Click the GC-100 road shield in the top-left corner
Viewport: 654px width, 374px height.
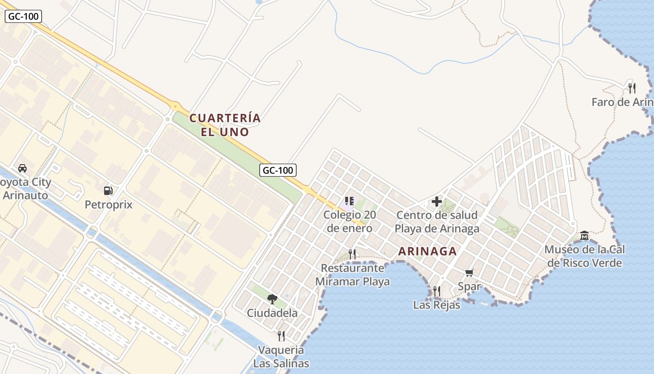click(x=24, y=17)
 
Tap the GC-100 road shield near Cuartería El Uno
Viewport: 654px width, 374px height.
click(x=278, y=170)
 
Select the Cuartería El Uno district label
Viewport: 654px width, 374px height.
click(x=225, y=125)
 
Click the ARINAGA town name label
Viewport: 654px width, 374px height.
click(x=427, y=252)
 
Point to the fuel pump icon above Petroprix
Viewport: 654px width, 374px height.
click(x=108, y=191)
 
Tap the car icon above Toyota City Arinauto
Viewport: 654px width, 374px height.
click(x=22, y=168)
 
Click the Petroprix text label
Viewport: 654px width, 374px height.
click(x=108, y=205)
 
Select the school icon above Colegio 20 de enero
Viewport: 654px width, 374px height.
click(x=349, y=201)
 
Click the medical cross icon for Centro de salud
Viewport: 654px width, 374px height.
click(x=437, y=201)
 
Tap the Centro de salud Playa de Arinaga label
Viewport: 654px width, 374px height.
click(x=437, y=222)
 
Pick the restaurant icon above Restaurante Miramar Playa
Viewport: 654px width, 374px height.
click(x=352, y=254)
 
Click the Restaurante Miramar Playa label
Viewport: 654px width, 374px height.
click(x=353, y=275)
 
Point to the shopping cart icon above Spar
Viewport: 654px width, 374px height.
click(x=469, y=273)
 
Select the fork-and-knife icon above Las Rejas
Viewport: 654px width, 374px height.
click(x=436, y=291)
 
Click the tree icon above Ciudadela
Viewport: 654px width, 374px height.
click(x=272, y=299)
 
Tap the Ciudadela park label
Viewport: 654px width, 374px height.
click(x=272, y=313)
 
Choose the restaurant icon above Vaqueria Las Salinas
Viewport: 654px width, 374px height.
click(x=281, y=336)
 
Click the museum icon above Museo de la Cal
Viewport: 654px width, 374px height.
click(x=584, y=235)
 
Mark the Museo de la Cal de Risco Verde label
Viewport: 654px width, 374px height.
click(x=584, y=256)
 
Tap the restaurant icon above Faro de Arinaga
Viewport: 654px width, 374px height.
click(x=632, y=87)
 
